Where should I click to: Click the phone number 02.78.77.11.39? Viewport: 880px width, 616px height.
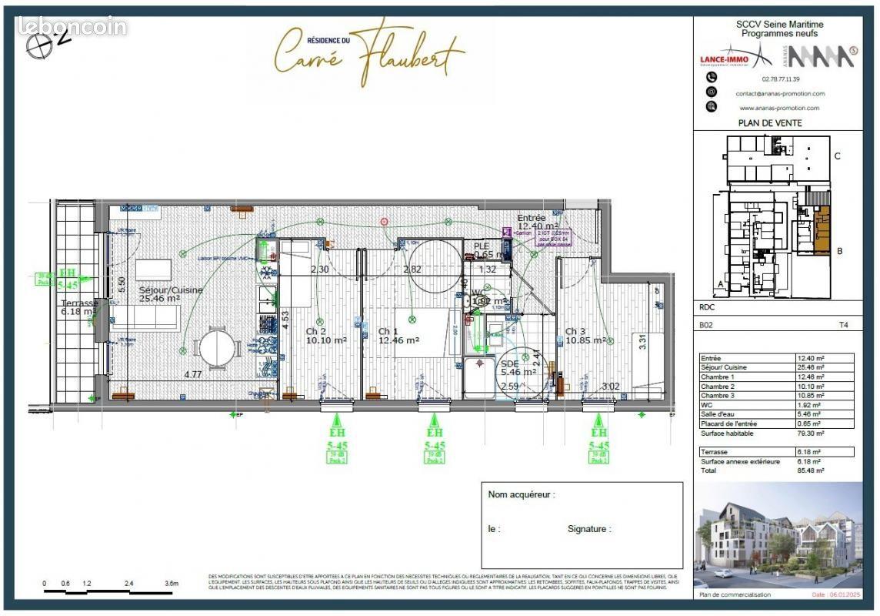pos(780,79)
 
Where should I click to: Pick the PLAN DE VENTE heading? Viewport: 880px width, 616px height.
pos(769,123)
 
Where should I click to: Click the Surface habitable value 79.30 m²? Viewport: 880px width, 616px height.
pos(811,434)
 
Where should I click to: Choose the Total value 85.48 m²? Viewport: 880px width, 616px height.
pos(811,470)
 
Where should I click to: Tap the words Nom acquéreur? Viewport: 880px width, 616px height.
pos(522,495)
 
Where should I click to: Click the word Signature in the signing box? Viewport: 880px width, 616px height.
pos(589,529)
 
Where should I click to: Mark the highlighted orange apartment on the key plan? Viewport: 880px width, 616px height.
pos(822,230)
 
